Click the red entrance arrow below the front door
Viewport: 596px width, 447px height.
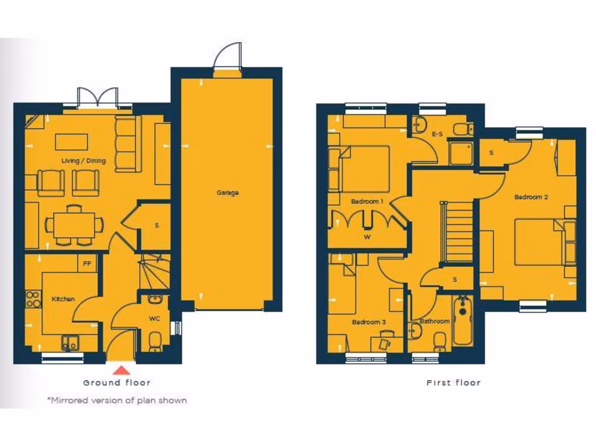point(120,370)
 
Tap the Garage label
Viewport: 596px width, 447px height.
point(228,193)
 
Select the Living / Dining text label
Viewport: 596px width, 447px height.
point(84,161)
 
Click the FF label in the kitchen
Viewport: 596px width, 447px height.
point(87,263)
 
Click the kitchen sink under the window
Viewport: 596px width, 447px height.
point(70,343)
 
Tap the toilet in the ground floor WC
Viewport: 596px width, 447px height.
point(155,342)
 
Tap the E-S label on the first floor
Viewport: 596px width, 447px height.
point(437,134)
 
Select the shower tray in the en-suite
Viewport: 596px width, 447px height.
point(461,153)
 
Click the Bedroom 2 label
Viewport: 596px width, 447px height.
point(531,197)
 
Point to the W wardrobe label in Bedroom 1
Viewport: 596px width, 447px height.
point(367,236)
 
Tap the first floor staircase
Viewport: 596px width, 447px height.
point(459,231)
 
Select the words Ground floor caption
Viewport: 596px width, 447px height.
point(116,382)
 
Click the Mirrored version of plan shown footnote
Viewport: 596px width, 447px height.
point(116,400)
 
